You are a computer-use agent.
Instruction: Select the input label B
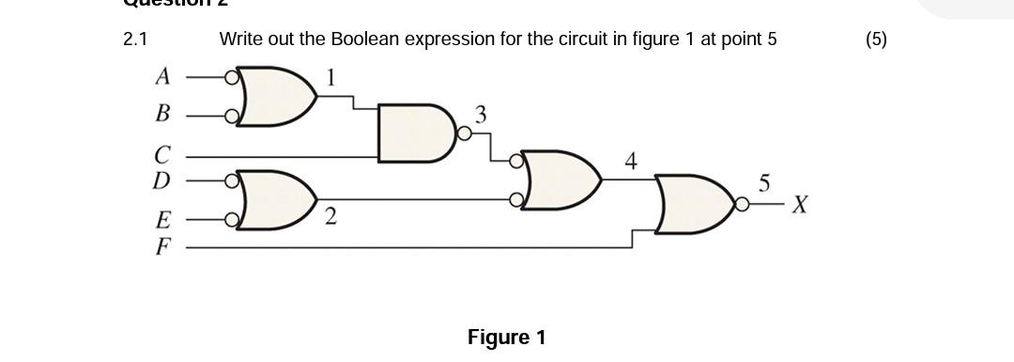pyautogui.click(x=162, y=115)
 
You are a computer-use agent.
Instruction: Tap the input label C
pyautogui.click(x=163, y=153)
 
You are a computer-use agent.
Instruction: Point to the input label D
pyautogui.click(x=162, y=179)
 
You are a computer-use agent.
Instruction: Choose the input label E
pyautogui.click(x=163, y=221)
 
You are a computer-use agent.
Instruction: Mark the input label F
pyautogui.click(x=163, y=248)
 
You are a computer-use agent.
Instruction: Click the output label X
pyautogui.click(x=799, y=204)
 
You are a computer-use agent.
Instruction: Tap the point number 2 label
pyautogui.click(x=330, y=217)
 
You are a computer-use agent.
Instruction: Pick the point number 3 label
pyautogui.click(x=481, y=115)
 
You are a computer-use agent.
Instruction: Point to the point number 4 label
pyautogui.click(x=631, y=162)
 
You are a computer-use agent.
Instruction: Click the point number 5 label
pyautogui.click(x=764, y=184)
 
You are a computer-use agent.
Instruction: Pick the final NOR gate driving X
pyautogui.click(x=695, y=204)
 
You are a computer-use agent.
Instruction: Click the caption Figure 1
pyautogui.click(x=506, y=338)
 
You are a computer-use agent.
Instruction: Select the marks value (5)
pyautogui.click(x=875, y=39)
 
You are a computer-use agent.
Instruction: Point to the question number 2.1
pyautogui.click(x=135, y=39)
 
